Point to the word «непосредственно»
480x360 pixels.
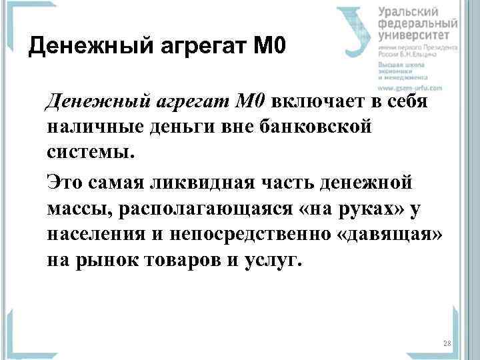pyautogui.click(x=221, y=233)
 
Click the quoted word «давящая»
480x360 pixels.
pyautogui.click(x=382, y=233)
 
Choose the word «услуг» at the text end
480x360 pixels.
pyautogui.click(x=277, y=259)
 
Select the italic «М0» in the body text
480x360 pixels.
pyautogui.click(x=251, y=101)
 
